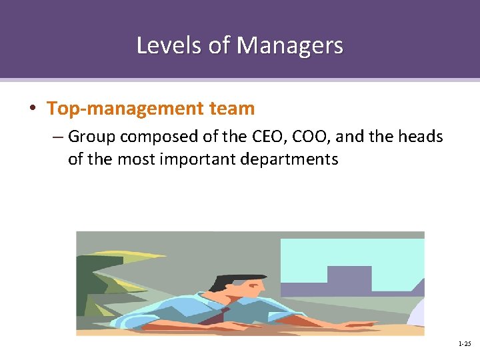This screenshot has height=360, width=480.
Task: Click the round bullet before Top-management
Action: [33, 109]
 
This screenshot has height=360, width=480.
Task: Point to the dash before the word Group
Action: [57, 137]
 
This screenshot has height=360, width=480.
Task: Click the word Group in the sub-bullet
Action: [91, 137]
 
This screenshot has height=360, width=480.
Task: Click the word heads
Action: [420, 137]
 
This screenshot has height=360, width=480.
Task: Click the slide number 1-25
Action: [464, 344]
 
